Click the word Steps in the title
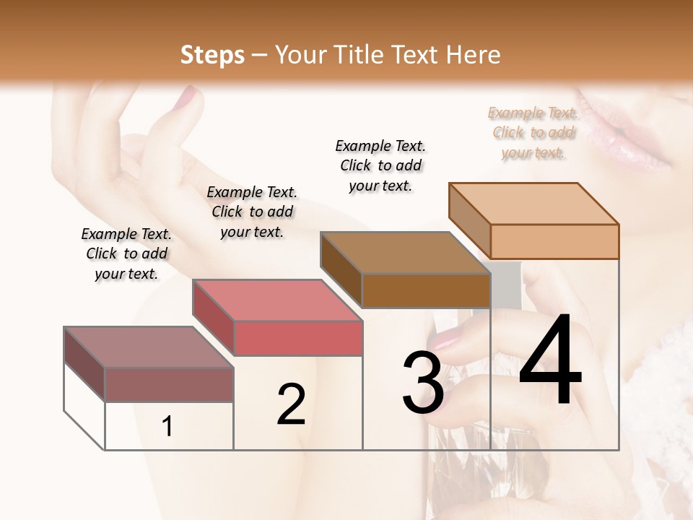pyautogui.click(x=212, y=56)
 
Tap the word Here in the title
pyautogui.click(x=474, y=56)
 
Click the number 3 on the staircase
pyautogui.click(x=422, y=383)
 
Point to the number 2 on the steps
pyautogui.click(x=291, y=404)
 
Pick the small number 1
pyautogui.click(x=167, y=427)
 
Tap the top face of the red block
pyautogui.click(x=277, y=300)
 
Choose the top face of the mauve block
pyautogui.click(x=149, y=347)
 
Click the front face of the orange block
pyautogui.click(x=554, y=241)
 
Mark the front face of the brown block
pyautogui.click(x=426, y=290)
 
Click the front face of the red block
pyautogui.click(x=297, y=338)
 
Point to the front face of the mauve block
pyautogui.click(x=169, y=384)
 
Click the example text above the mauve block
pyautogui.click(x=126, y=253)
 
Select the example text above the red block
pyautogui.click(x=252, y=212)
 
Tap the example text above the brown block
pyautogui.click(x=380, y=165)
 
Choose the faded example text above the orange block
pyautogui.click(x=533, y=132)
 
